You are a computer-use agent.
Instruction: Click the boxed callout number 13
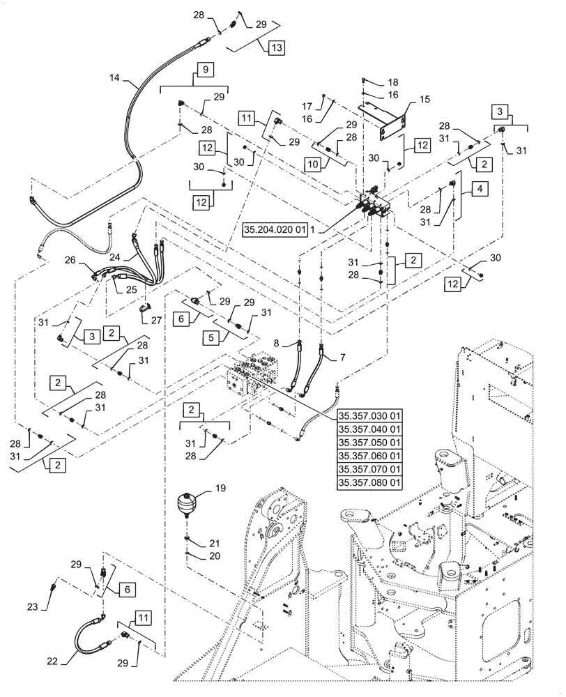pyautogui.click(x=276, y=48)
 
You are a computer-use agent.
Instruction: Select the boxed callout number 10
pyautogui.click(x=313, y=162)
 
